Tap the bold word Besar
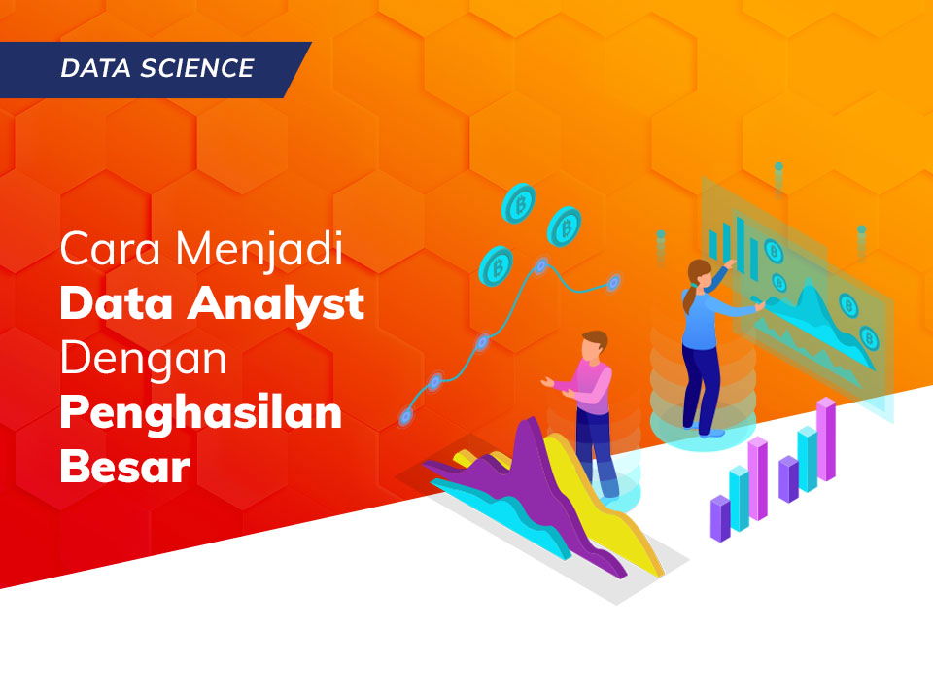coord(124,468)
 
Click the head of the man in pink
coord(594,344)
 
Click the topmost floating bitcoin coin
coord(518,204)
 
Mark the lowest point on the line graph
coord(405,415)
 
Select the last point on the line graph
coord(613,282)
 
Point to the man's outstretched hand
coord(547,383)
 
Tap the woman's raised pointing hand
coord(730,263)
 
